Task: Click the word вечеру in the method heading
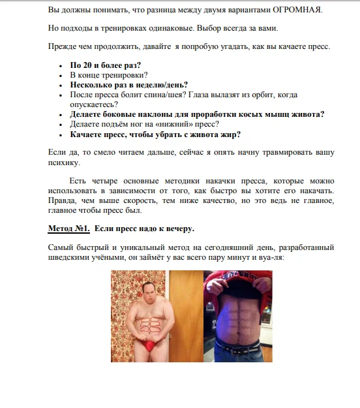pos(175,229)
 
